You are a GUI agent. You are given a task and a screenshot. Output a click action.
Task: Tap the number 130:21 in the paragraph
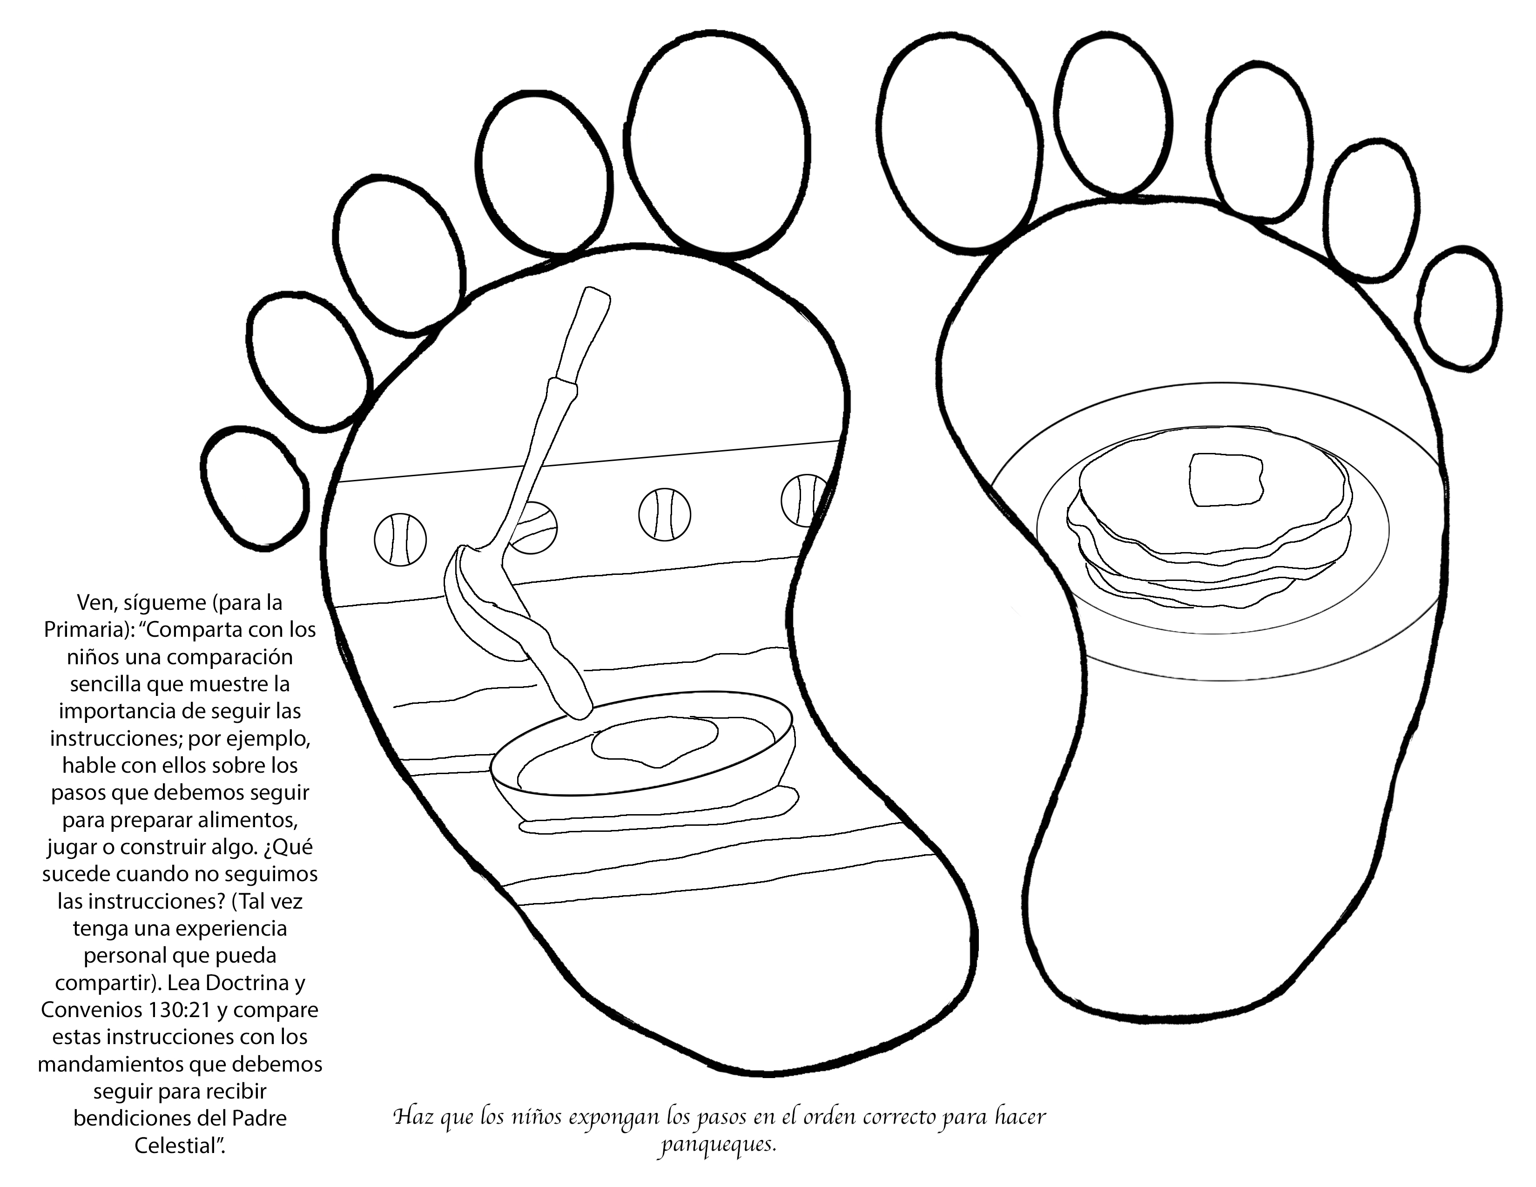(178, 1010)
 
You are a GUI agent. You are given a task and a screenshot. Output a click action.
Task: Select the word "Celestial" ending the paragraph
(179, 1146)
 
